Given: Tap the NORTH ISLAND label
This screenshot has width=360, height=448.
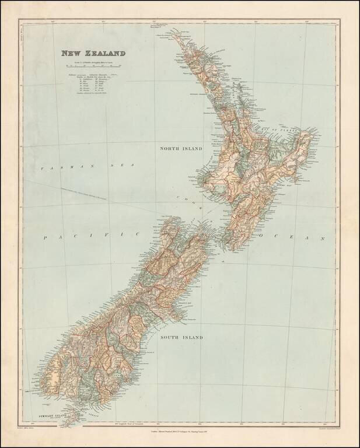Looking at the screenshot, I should (x=181, y=149).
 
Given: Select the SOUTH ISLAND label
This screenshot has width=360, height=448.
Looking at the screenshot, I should (x=182, y=337).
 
